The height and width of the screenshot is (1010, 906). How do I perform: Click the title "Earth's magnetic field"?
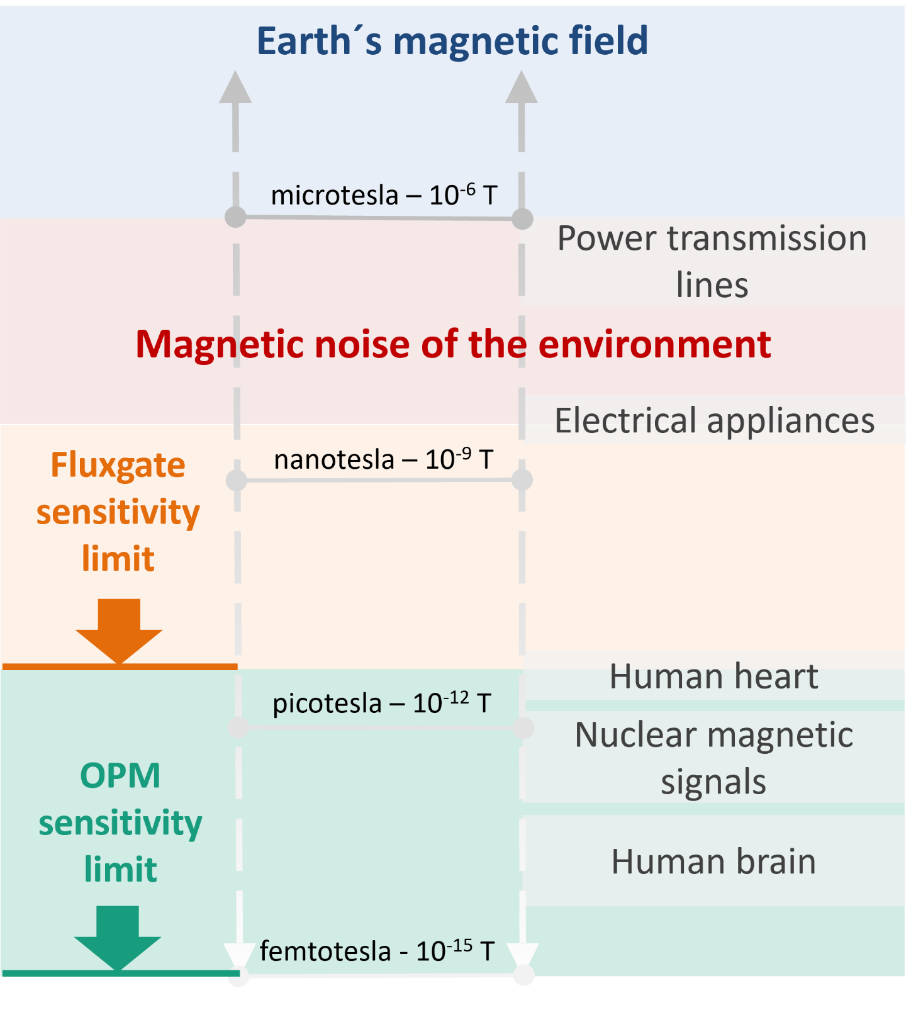coord(452,41)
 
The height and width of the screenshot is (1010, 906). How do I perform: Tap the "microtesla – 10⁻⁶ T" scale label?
coord(384,195)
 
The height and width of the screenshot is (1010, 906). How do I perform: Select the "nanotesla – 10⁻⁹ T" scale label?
coord(383,459)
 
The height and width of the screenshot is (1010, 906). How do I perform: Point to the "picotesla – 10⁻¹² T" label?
coord(381,703)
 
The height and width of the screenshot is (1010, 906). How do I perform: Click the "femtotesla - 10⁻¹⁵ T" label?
coord(377,951)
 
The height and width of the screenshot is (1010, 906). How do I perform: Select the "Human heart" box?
coord(714,676)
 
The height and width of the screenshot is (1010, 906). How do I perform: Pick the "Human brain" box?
coord(714,861)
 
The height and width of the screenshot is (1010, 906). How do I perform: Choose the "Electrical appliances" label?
coord(715,420)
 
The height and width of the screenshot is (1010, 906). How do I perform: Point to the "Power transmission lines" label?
coord(712,261)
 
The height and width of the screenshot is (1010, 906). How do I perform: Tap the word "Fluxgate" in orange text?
coord(118,466)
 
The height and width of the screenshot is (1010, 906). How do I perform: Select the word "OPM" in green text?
coord(120,775)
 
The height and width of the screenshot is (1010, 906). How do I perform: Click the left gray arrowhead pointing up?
coord(235,87)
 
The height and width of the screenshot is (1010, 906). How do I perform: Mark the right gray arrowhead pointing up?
coord(522,87)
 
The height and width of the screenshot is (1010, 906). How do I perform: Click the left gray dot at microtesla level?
coord(236,216)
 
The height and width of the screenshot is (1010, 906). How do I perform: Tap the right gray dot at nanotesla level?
coord(522,480)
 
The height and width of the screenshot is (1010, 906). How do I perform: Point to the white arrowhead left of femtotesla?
coord(238,955)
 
